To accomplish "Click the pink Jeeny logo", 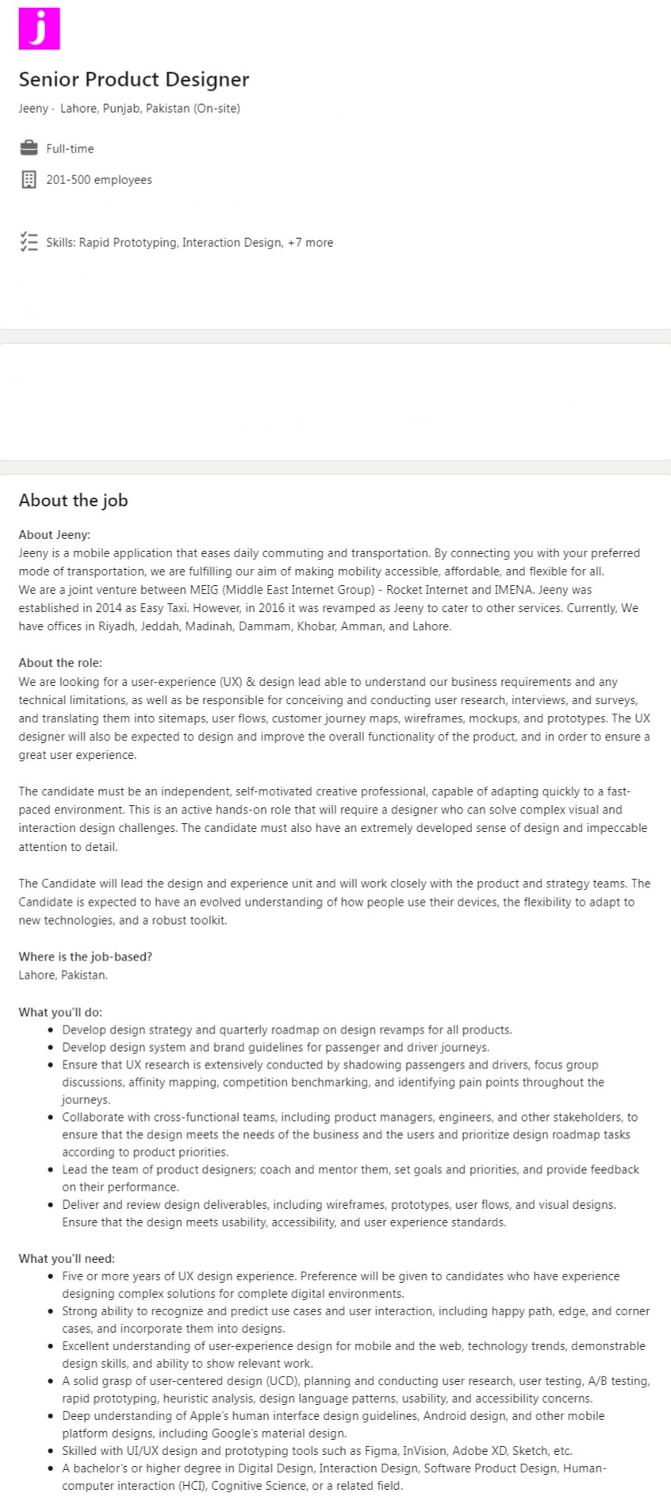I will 39,28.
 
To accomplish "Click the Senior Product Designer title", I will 133,79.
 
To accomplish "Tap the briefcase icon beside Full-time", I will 29,148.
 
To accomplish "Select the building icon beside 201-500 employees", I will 29,179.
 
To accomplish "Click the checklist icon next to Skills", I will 29,242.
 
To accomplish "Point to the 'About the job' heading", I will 73,500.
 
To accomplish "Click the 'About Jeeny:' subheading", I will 54,535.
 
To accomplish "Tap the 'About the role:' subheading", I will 60,663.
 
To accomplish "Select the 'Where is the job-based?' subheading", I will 85,957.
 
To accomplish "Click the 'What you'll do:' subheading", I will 60,1012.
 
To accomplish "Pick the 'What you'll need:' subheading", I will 67,1258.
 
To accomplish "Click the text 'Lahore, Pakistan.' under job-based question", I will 63,975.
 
